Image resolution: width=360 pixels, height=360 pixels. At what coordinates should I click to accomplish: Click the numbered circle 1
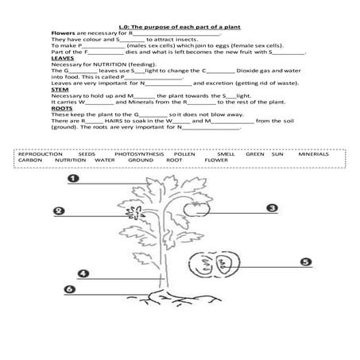[x=72, y=179]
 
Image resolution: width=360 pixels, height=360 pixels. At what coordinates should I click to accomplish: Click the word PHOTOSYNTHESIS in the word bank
[x=137, y=151]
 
